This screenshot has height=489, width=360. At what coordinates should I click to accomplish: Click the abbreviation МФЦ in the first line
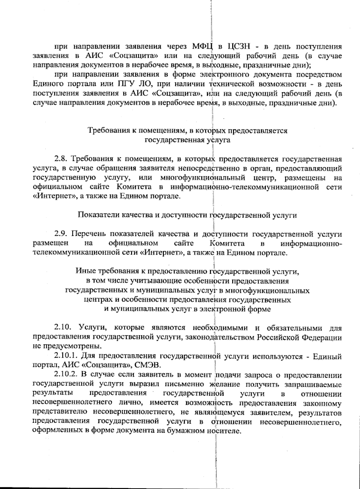tap(202, 47)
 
